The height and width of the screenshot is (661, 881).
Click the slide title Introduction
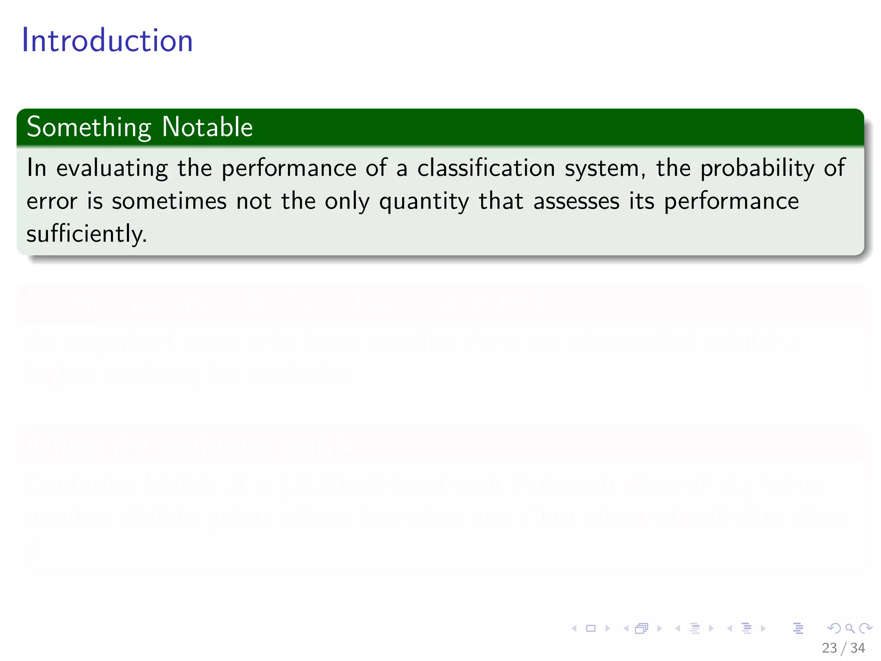pos(108,40)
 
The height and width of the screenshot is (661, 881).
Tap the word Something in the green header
pos(89,127)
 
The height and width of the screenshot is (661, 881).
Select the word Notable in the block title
pos(207,127)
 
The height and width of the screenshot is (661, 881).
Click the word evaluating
pos(112,168)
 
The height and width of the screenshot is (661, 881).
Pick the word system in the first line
pos(604,168)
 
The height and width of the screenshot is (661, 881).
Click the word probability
pos(757,168)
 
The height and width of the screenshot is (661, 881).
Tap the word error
pos(52,201)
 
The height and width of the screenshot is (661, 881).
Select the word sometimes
pos(169,201)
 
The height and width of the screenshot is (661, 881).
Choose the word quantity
pos(424,202)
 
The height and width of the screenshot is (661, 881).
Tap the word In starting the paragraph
pos(37,168)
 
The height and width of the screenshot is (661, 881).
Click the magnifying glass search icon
pos(850,629)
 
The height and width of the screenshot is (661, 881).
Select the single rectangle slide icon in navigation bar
pos(591,629)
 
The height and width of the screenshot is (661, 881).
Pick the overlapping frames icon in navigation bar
pos(641,629)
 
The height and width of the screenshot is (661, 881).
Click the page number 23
pos(829,648)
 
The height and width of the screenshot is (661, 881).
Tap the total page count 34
pos(858,648)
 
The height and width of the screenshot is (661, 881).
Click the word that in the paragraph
pos(501,201)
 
